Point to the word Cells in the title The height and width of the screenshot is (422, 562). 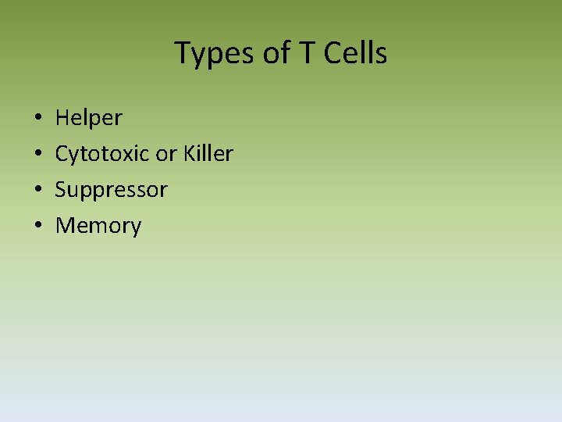[x=353, y=53]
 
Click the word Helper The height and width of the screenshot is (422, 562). [x=88, y=118]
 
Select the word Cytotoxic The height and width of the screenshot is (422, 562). [x=102, y=154]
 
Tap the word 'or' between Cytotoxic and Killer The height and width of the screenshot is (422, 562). [x=165, y=154]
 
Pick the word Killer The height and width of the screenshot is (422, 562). [x=208, y=153]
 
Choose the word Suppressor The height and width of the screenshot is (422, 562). [x=111, y=190]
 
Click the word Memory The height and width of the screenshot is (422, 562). [x=98, y=226]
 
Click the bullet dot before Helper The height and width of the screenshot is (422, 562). [x=38, y=119]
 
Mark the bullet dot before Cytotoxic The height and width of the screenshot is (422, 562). [x=38, y=155]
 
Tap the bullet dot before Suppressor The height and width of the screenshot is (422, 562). [x=38, y=191]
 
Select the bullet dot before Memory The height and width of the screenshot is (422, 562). [x=38, y=227]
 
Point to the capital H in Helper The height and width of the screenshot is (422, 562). [x=62, y=118]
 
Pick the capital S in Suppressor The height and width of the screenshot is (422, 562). [x=61, y=190]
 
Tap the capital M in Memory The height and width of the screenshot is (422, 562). [x=66, y=226]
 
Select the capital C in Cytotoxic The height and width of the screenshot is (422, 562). [x=62, y=154]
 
